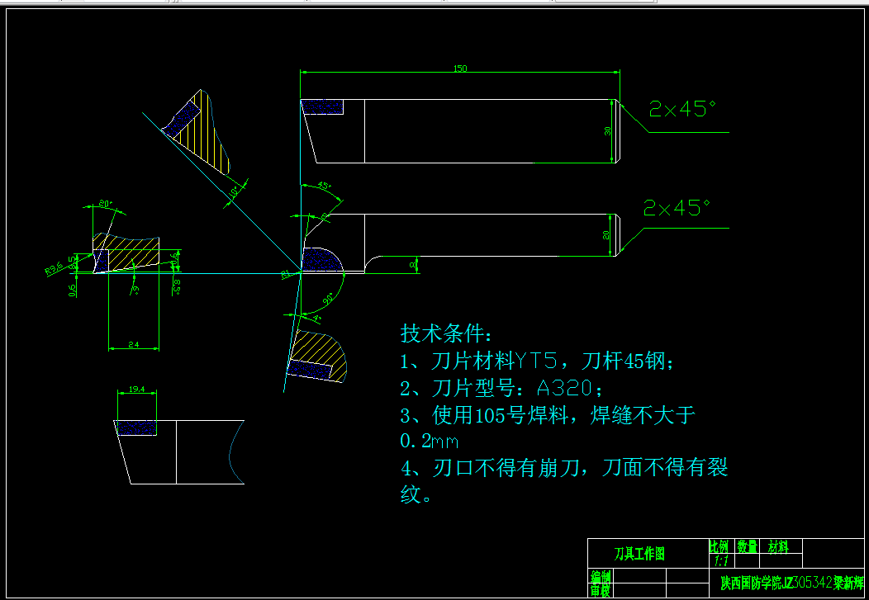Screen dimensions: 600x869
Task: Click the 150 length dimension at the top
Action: pyautogui.click(x=460, y=69)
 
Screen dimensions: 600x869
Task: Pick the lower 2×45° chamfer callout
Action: pyautogui.click(x=677, y=208)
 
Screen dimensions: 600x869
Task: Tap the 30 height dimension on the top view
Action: pyautogui.click(x=609, y=131)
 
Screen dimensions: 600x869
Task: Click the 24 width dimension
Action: pyautogui.click(x=133, y=344)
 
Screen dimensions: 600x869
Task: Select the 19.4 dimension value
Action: pyautogui.click(x=137, y=389)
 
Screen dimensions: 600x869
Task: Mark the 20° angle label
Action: pyautogui.click(x=105, y=203)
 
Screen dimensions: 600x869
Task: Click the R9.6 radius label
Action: pyautogui.click(x=55, y=267)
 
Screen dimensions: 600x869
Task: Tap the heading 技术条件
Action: pyautogui.click(x=446, y=333)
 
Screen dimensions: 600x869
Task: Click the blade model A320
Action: pyautogui.click(x=564, y=388)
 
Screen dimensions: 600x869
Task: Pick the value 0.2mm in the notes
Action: pyautogui.click(x=430, y=442)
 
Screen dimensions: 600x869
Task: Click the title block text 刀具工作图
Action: pyautogui.click(x=639, y=554)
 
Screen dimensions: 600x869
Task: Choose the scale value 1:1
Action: pyautogui.click(x=719, y=560)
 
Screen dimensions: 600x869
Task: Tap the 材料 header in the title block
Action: pyautogui.click(x=778, y=546)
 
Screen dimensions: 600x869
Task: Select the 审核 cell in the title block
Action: pyautogui.click(x=600, y=590)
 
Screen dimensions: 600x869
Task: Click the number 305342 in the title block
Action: pyautogui.click(x=811, y=583)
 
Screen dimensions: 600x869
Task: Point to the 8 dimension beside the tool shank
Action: pyautogui.click(x=414, y=265)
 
